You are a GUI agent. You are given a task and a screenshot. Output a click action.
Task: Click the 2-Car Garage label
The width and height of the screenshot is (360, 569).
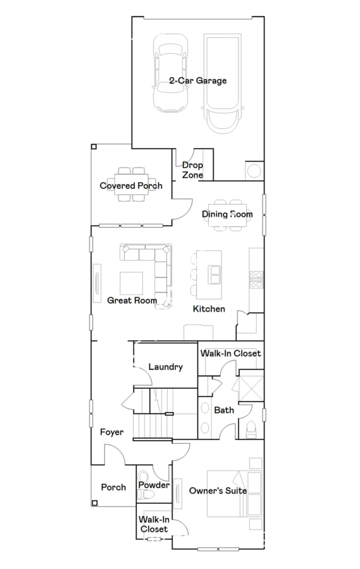click(197, 81)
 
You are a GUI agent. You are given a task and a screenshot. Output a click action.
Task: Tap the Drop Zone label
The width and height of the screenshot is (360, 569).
click(192, 170)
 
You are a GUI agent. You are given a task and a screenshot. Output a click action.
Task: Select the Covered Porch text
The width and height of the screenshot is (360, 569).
click(131, 185)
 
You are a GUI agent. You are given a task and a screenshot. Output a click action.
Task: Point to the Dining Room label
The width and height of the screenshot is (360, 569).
click(227, 214)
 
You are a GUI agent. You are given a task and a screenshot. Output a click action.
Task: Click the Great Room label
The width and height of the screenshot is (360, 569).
click(132, 300)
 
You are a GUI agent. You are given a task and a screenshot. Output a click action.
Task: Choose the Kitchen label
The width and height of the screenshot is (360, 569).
click(209, 309)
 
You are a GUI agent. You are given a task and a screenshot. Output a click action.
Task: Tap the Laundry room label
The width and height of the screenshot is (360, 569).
click(166, 367)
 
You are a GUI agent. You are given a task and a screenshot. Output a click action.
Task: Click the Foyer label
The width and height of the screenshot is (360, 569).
click(111, 432)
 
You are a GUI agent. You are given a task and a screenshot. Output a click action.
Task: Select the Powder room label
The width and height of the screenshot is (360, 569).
click(154, 485)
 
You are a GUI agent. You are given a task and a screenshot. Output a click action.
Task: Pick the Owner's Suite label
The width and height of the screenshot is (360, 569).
click(218, 491)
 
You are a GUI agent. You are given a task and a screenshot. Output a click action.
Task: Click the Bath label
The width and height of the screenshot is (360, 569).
click(224, 410)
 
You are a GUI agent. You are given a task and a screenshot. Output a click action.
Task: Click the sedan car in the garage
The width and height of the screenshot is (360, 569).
click(171, 74)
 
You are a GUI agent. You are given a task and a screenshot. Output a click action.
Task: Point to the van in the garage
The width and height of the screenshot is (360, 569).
click(224, 83)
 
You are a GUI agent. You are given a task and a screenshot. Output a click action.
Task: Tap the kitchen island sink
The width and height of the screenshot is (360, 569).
click(215, 276)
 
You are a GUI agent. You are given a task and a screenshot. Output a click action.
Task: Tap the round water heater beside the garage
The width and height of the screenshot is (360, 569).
click(254, 171)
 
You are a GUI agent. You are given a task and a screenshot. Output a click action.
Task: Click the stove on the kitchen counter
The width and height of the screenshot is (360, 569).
click(256, 279)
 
